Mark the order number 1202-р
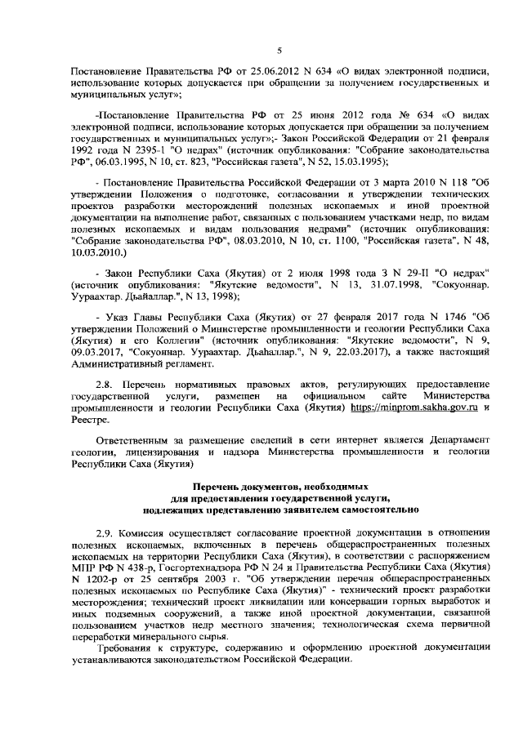[x=101, y=578]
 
